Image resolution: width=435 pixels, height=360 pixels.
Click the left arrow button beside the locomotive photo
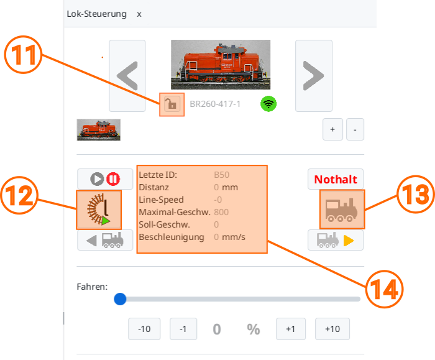tap(127, 76)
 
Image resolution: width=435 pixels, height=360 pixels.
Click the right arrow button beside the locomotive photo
tap(314, 76)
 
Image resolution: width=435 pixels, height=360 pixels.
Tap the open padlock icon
tap(172, 104)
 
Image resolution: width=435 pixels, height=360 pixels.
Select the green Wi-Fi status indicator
tap(268, 104)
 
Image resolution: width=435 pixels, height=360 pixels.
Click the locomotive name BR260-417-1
tap(215, 104)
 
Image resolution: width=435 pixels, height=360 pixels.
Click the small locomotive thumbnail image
tap(98, 130)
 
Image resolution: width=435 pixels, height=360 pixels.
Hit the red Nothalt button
tap(336, 179)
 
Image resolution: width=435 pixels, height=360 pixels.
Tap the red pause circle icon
tap(113, 179)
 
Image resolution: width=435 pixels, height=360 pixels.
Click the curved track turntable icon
tap(99, 210)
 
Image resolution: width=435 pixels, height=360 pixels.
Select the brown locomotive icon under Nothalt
tap(342, 210)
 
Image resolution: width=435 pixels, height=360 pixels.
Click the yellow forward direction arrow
tap(349, 241)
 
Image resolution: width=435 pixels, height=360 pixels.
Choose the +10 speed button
tap(332, 329)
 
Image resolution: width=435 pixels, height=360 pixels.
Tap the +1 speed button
tap(291, 329)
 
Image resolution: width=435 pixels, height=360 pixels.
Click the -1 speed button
tap(183, 329)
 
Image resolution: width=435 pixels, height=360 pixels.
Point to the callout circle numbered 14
tap(384, 289)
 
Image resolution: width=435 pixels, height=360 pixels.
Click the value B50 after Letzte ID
tap(221, 175)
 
